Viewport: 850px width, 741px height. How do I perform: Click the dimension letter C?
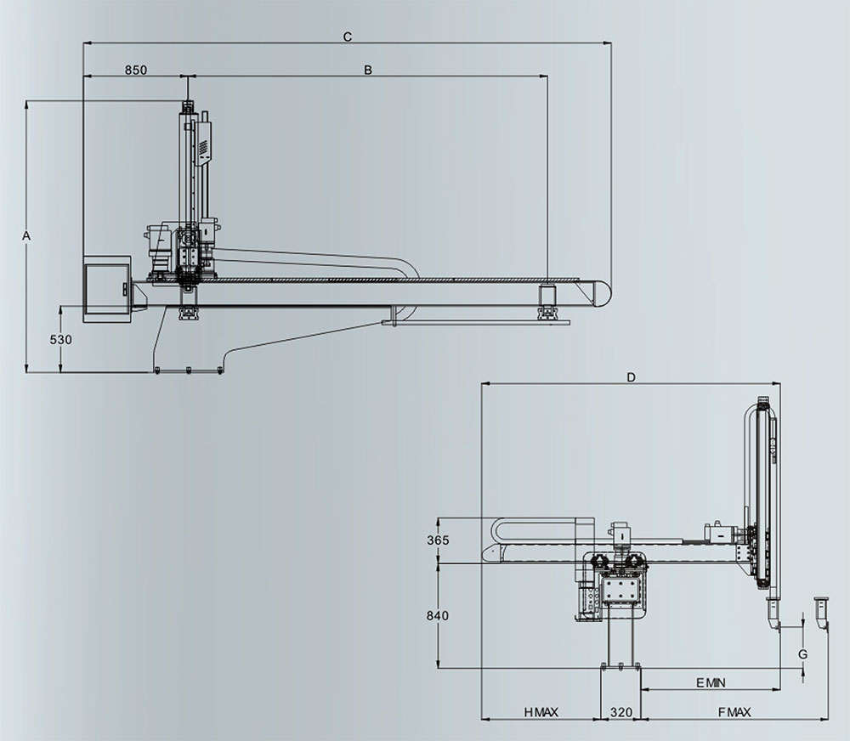coord(348,37)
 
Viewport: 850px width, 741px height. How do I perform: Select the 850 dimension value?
coord(135,70)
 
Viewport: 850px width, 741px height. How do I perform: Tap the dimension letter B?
coord(368,70)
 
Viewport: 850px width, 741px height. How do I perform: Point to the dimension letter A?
coord(26,236)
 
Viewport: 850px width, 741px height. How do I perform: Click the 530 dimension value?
coord(60,340)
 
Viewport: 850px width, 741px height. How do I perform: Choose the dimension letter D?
coord(631,377)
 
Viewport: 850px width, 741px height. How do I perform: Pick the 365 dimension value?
coord(438,540)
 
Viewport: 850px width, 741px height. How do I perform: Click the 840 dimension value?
coord(438,616)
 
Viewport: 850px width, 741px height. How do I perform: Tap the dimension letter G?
coord(803,654)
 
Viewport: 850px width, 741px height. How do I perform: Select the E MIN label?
coord(711,683)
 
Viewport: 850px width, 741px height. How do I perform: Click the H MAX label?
coord(541,712)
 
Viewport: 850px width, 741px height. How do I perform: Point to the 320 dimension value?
coord(621,712)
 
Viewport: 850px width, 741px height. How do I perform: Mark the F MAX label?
coord(734,712)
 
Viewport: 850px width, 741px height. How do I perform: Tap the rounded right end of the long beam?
coord(603,292)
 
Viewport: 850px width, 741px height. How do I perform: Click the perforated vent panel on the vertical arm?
coord(204,147)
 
